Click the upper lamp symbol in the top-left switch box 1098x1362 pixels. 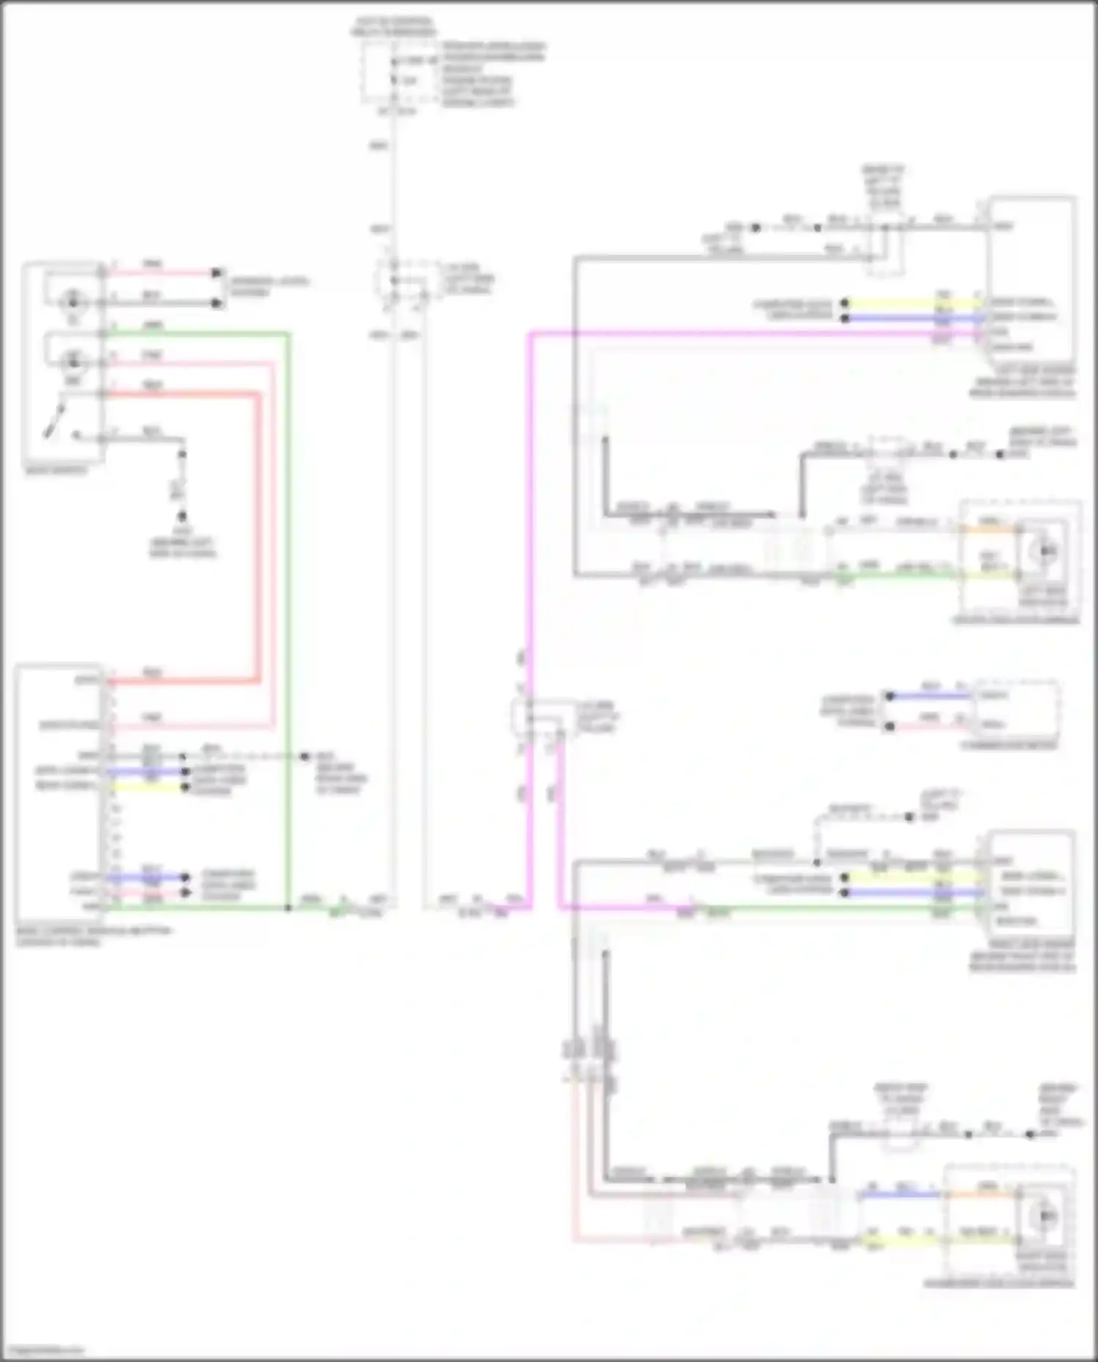click(x=73, y=301)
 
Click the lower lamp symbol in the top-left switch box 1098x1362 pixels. click(x=73, y=361)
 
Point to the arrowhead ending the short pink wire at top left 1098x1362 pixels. click(x=216, y=273)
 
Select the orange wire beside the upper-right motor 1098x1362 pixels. click(x=988, y=528)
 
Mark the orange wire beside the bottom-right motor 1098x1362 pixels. click(x=981, y=1194)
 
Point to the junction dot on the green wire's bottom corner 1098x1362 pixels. click(x=288, y=908)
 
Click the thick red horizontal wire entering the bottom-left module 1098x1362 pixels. click(x=183, y=681)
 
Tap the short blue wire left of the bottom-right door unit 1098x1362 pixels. click(x=900, y=1194)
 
